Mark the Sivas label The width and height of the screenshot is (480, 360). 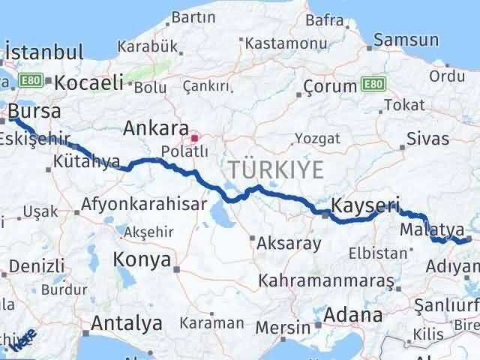[428, 139]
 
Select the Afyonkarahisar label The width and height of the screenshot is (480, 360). [133, 203]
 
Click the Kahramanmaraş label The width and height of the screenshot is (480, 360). [326, 280]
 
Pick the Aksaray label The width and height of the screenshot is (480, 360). [289, 243]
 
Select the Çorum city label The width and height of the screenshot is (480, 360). [329, 88]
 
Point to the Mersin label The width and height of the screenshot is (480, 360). [283, 327]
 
